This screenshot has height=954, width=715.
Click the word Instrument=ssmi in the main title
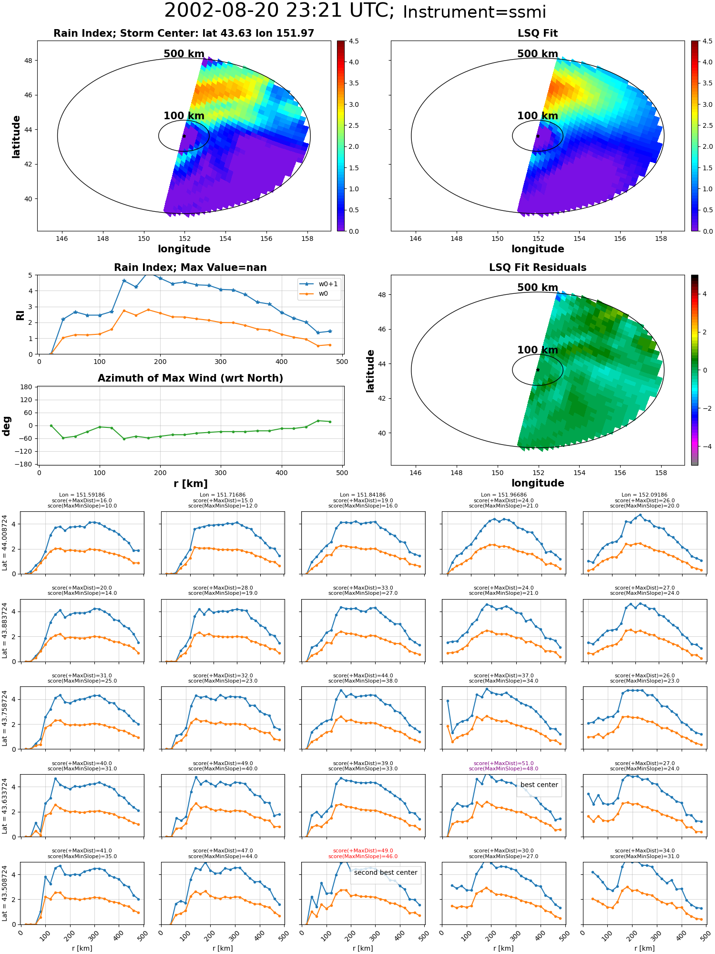pos(474,12)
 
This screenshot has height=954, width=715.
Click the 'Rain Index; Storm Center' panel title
pos(184,33)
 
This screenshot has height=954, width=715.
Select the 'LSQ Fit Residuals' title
pos(538,268)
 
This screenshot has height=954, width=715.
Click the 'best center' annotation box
pos(539,785)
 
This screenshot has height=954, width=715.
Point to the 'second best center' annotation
pos(386,872)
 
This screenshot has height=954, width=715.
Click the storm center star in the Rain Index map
pos(184,136)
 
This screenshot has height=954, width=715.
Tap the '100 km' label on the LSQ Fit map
pos(538,116)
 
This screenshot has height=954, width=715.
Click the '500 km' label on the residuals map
pos(538,288)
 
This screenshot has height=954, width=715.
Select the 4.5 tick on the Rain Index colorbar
pos(353,41)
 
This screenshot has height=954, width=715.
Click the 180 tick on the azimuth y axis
pos(27,387)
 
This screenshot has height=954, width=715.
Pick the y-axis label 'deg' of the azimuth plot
pos(7,426)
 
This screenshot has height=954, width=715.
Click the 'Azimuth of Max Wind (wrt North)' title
pos(190,378)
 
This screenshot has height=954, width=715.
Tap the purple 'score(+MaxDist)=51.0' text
pos(503,763)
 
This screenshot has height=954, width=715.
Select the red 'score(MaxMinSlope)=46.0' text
pos(363,856)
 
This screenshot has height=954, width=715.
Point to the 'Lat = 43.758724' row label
pos(5,718)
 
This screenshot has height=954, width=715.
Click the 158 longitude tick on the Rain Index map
pos(307,238)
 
